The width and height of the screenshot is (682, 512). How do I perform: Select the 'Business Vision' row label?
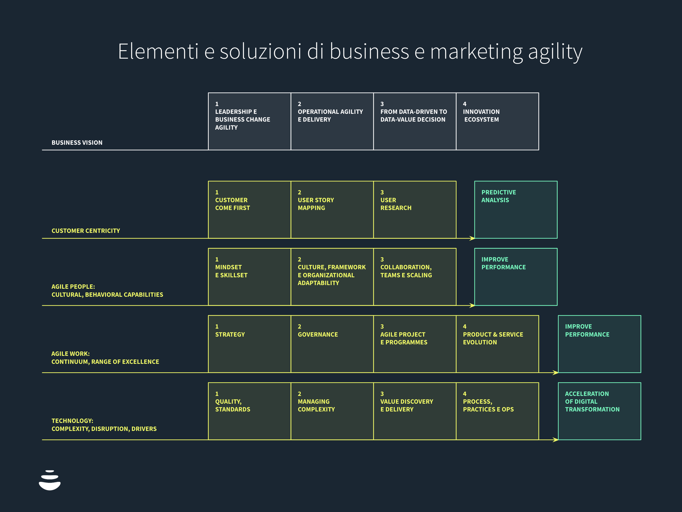(77, 142)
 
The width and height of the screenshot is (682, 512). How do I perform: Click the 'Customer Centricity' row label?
(86, 231)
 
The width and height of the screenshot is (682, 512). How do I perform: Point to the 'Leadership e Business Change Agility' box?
(249, 121)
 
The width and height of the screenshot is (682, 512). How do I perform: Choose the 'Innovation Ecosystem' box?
(497, 121)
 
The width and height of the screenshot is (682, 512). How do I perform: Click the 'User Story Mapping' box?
(332, 209)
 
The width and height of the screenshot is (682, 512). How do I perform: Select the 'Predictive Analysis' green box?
(516, 209)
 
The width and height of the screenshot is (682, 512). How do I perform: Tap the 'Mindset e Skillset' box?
(249, 277)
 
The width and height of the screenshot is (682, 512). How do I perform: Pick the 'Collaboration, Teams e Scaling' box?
(415, 277)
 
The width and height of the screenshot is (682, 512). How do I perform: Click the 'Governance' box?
(332, 344)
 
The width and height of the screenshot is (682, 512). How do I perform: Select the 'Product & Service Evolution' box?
(497, 344)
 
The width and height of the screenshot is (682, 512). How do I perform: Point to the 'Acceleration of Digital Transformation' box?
(599, 411)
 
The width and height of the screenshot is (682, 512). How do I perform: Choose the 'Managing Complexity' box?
(332, 411)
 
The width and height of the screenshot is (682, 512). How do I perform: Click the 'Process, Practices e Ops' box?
(497, 411)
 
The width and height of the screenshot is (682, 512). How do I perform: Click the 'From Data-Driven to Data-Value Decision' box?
(415, 121)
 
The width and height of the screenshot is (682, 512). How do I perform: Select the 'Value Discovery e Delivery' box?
(415, 411)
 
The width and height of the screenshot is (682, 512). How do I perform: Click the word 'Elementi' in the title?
(158, 52)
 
